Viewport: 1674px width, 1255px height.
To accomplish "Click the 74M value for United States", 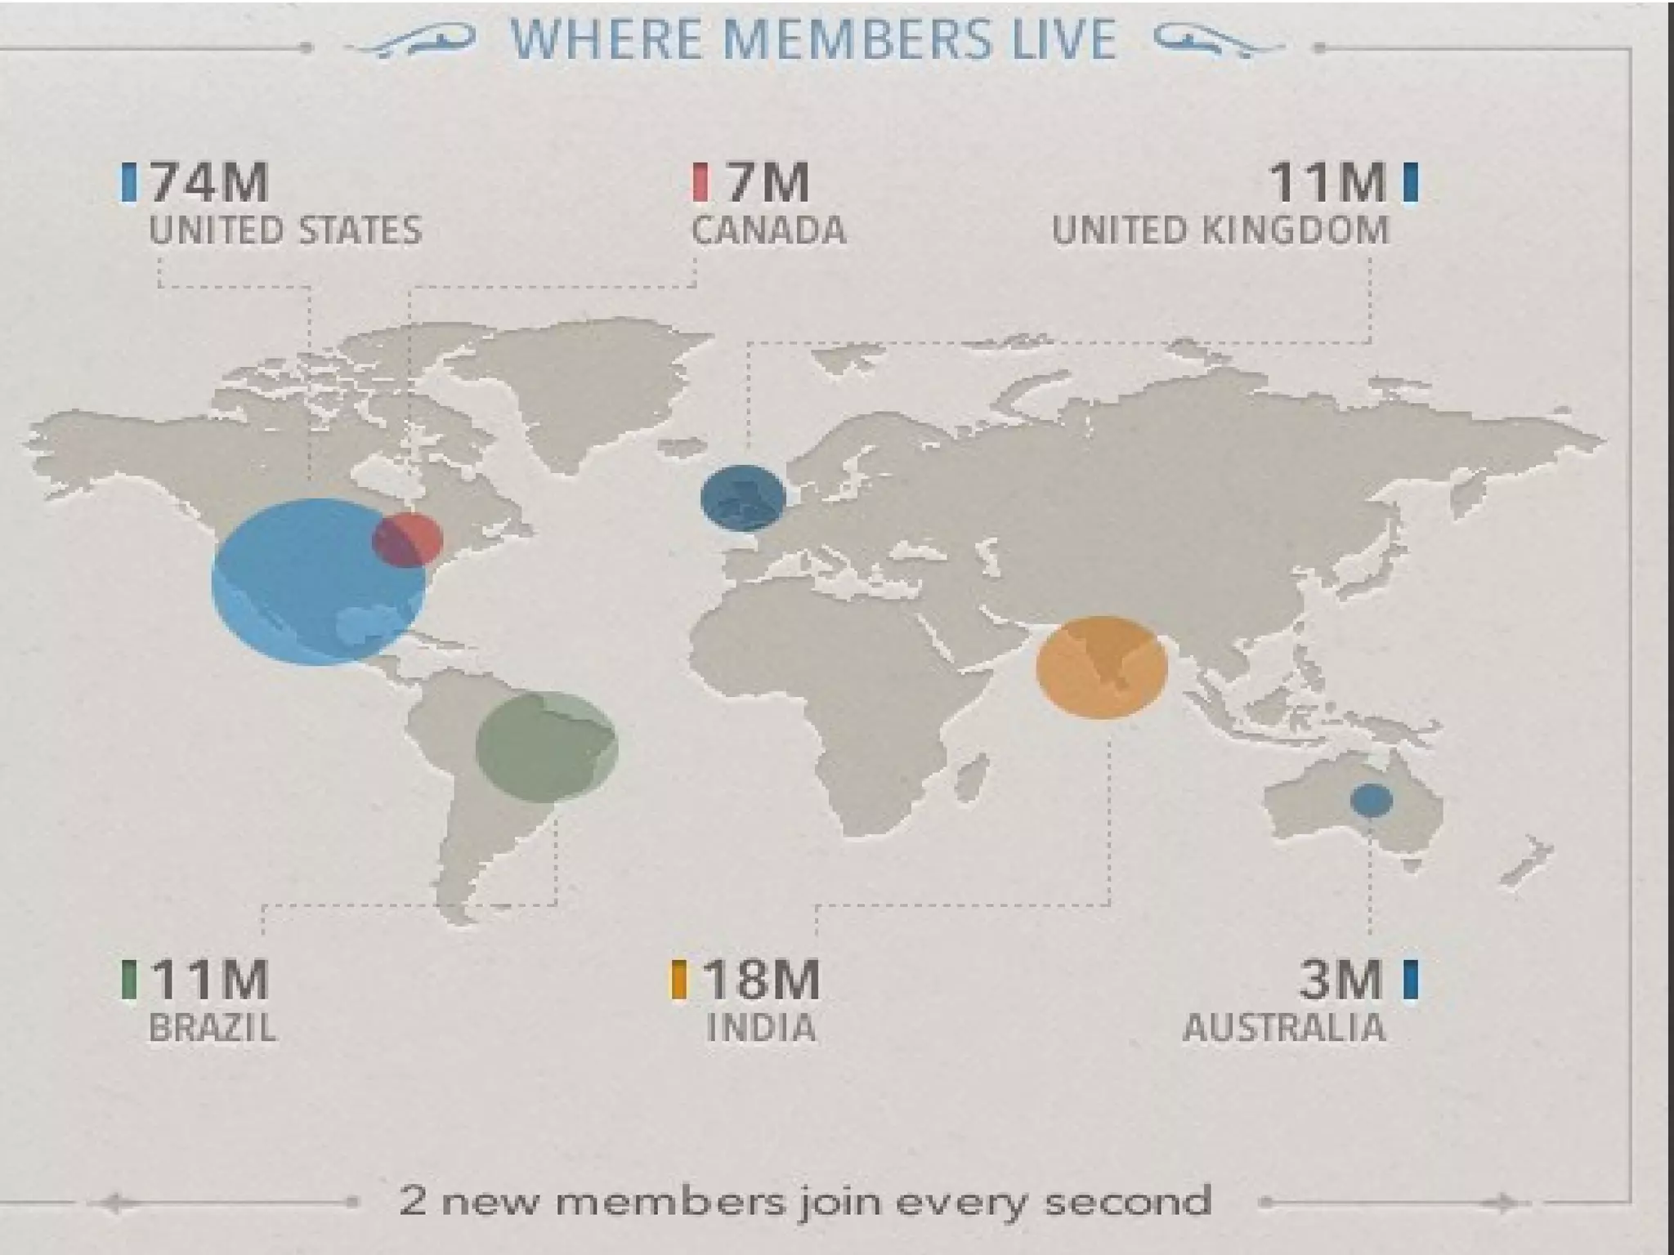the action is pyautogui.click(x=209, y=182).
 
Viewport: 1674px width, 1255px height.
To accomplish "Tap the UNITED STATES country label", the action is pyautogui.click(x=285, y=230).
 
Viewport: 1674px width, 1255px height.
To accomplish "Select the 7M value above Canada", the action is pyautogui.click(x=767, y=182).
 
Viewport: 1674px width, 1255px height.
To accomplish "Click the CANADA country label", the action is pyautogui.click(x=768, y=230).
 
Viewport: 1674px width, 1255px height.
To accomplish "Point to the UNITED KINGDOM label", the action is pyautogui.click(x=1220, y=230).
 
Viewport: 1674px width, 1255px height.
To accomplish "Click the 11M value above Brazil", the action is pyautogui.click(x=209, y=980).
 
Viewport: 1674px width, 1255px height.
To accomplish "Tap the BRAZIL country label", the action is pyautogui.click(x=213, y=1028).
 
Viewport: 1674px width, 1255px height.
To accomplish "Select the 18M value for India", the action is pyautogui.click(x=760, y=980).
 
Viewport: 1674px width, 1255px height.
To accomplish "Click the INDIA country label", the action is pyautogui.click(x=761, y=1028).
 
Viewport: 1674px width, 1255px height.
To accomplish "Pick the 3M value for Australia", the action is pyautogui.click(x=1341, y=980).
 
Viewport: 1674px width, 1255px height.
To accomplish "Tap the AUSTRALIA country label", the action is pyautogui.click(x=1284, y=1028).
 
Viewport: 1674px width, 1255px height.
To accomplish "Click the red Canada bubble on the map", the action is pyautogui.click(x=408, y=540).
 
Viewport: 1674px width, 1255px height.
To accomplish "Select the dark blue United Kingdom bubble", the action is pyautogui.click(x=743, y=497).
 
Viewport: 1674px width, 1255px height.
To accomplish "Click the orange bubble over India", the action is pyautogui.click(x=1101, y=668).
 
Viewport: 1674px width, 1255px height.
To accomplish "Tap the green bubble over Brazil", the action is pyautogui.click(x=547, y=745).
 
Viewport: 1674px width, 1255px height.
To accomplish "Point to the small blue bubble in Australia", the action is pyautogui.click(x=1371, y=800).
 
